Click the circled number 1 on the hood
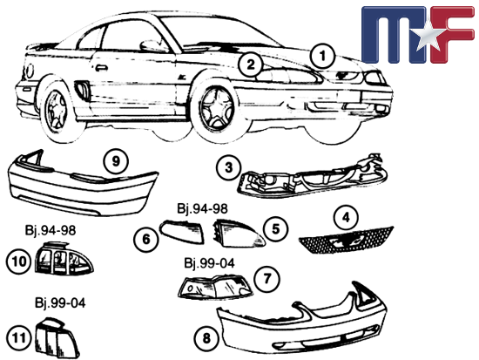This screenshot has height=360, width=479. tap(322, 57)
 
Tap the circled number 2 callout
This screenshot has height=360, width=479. tap(251, 65)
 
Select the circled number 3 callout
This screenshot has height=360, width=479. tap(229, 168)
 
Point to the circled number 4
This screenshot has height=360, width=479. tap(346, 217)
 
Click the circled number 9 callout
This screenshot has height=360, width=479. tap(116, 161)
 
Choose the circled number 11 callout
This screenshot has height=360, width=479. tap(18, 338)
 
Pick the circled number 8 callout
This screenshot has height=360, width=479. tap(206, 338)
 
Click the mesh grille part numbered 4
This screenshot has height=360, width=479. tap(346, 240)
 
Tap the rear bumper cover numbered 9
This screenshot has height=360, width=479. tap(83, 184)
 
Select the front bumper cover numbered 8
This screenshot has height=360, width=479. tap(302, 321)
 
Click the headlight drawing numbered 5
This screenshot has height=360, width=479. tap(239, 234)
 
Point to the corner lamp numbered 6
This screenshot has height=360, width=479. tap(182, 232)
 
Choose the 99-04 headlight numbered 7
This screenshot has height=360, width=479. tap(215, 287)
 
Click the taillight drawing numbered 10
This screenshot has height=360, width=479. tap(64, 259)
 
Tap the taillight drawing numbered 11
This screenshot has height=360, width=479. tap(57, 339)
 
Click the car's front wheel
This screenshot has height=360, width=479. tap(217, 110)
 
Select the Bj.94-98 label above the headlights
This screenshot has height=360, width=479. tap(203, 208)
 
